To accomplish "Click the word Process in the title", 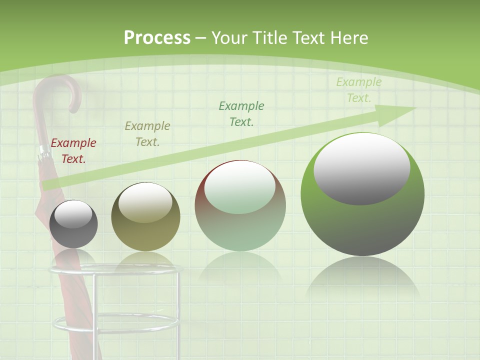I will (x=157, y=38).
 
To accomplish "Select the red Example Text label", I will (x=73, y=151).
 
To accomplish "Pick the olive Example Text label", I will (x=147, y=133).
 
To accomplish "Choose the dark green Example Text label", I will (x=241, y=113).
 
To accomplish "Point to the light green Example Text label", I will (x=359, y=90).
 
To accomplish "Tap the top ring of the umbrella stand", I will (x=115, y=270).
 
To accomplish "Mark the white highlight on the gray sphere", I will (x=73, y=214).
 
